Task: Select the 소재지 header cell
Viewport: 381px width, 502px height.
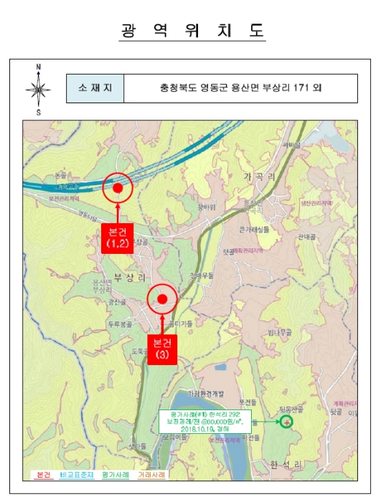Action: click(x=95, y=89)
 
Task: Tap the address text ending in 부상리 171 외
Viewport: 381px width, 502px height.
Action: click(x=240, y=89)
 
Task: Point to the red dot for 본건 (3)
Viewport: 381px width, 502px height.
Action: click(x=162, y=299)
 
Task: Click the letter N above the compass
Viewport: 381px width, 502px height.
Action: click(x=38, y=67)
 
